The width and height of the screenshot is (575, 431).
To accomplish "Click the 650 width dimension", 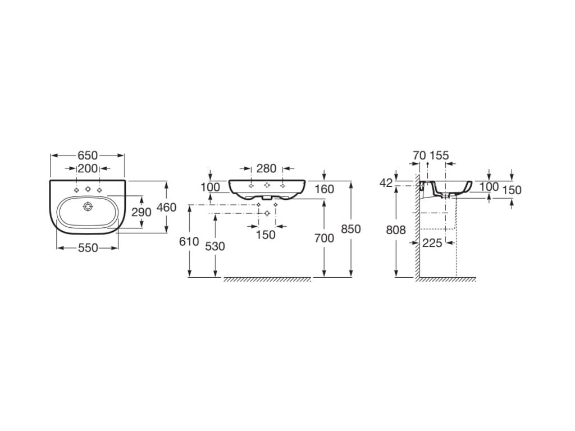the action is coord(88,155).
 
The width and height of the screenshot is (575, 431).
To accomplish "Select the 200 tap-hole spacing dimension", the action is coord(88,168).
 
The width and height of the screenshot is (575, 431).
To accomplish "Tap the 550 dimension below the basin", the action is coord(88,248).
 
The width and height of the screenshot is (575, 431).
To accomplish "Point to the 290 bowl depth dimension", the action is coord(142,212).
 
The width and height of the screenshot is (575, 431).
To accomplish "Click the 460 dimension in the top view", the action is coord(166,208).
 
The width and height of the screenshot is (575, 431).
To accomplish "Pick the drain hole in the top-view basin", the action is coord(87,207).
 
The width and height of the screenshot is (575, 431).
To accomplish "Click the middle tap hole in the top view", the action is coord(88,189).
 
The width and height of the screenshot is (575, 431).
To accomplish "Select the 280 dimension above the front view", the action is coord(266,168).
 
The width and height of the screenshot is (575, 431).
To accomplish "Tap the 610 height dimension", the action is coord(189,241).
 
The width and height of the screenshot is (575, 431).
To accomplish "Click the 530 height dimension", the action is coord(215,246).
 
